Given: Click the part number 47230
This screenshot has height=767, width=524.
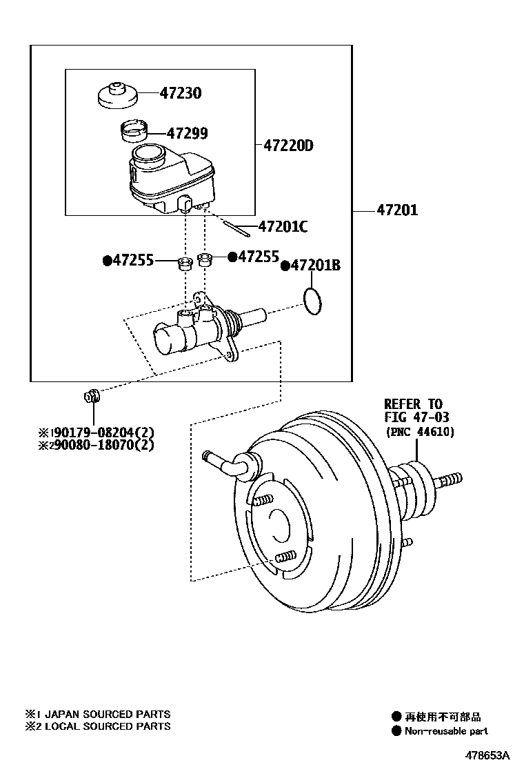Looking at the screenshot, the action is [181, 92].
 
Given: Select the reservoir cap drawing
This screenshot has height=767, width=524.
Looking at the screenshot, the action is [118, 95].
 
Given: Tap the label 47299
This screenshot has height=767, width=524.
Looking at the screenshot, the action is [188, 133].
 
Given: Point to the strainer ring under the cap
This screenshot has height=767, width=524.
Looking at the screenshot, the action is [134, 130].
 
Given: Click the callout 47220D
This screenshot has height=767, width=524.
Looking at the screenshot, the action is [288, 146].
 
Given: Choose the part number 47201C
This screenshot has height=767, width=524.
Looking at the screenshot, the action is [283, 226].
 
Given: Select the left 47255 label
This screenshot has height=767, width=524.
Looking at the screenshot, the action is [134, 260].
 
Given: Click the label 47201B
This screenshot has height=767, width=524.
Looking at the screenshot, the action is [316, 265].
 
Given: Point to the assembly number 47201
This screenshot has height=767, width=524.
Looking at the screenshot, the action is [397, 210].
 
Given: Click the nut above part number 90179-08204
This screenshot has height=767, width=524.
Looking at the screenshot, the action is [91, 395].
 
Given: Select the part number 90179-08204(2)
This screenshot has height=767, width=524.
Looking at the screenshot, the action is [104, 432].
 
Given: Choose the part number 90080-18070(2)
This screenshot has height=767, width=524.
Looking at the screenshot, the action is [104, 445].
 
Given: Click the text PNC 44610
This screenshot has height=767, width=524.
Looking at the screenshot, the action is [420, 432].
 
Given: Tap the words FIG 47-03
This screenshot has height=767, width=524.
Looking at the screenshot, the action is [416, 417].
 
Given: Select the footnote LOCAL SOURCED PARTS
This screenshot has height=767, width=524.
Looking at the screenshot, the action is [108, 726].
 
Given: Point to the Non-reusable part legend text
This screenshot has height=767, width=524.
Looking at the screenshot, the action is [446, 731].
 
